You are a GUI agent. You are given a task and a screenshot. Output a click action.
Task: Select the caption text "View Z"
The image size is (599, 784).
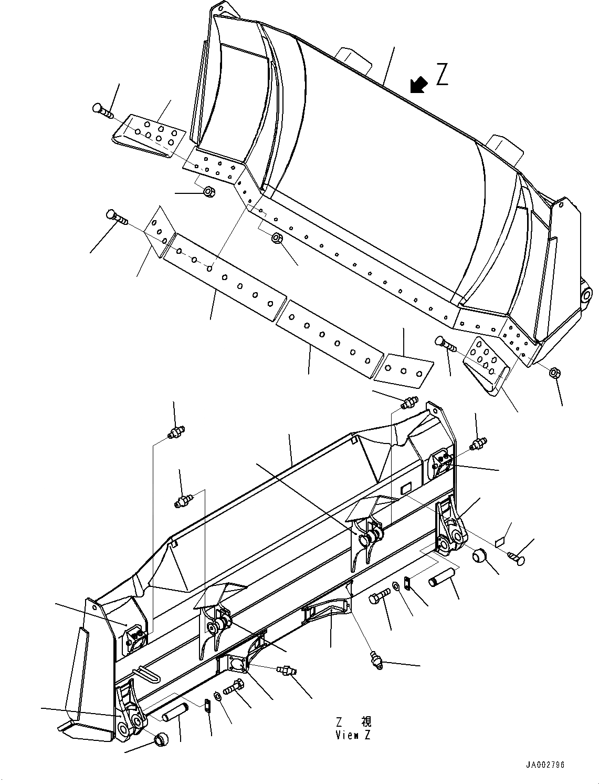click(x=353, y=735)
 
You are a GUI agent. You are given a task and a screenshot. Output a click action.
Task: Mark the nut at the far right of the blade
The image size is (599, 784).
click(x=553, y=374)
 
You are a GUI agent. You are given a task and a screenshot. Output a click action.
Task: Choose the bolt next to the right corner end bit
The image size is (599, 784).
click(x=446, y=344)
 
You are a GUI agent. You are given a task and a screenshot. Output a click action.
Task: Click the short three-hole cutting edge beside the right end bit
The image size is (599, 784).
click(x=404, y=366)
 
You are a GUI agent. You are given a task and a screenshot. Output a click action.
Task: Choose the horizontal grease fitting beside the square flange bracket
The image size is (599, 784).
click(x=287, y=669)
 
